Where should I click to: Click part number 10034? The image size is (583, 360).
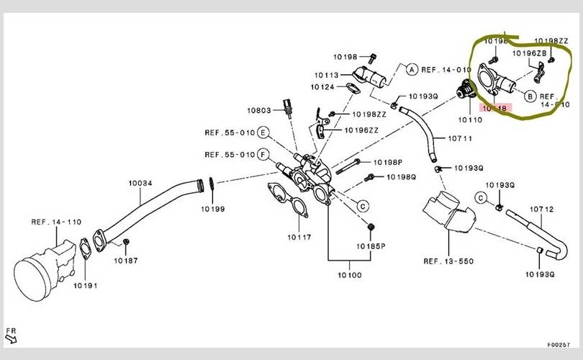coord(140,183)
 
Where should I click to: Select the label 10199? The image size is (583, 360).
coord(213,210)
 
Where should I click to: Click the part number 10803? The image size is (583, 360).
coord(258,110)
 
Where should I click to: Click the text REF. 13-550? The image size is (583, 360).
coord(448,261)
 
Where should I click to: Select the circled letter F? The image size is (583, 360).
coord(263,154)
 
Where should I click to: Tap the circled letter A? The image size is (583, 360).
coord(412,70)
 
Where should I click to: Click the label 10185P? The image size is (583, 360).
coord(371,246)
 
